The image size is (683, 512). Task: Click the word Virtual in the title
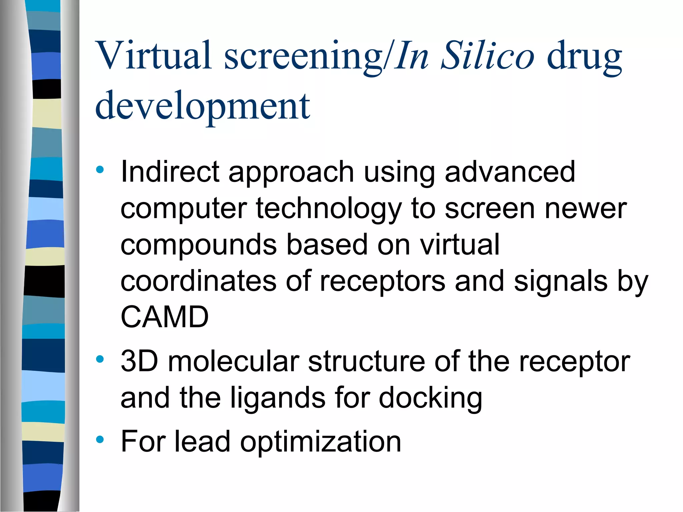click(x=153, y=55)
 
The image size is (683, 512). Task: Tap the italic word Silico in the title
click(x=487, y=55)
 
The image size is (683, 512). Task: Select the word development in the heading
click(x=203, y=106)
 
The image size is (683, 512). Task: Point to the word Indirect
click(x=170, y=172)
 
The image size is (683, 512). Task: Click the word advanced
click(x=510, y=172)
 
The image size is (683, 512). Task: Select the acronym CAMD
click(x=164, y=317)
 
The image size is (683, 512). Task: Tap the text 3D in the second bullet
click(x=139, y=361)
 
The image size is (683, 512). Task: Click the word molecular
click(x=233, y=361)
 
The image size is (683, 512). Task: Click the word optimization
click(x=320, y=443)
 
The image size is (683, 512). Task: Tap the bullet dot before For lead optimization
click(x=100, y=440)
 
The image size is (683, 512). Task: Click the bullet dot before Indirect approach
click(x=100, y=170)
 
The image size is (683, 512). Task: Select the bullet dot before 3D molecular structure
click(x=100, y=359)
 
